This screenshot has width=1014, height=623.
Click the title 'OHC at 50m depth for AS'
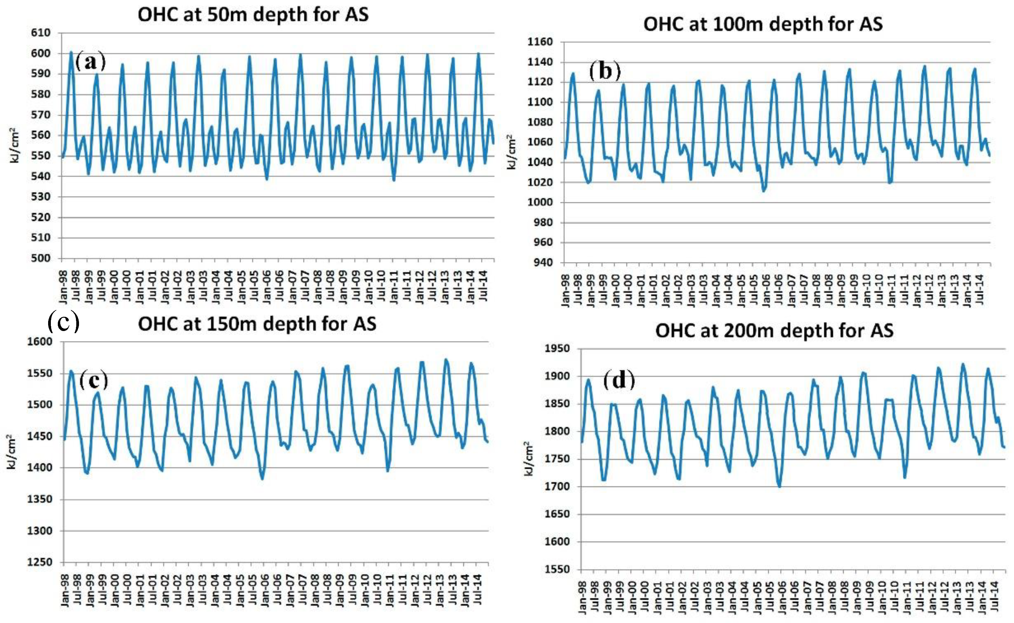point(253,15)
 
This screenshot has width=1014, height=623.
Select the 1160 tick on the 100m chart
point(540,42)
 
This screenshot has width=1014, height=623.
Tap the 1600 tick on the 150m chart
point(40,342)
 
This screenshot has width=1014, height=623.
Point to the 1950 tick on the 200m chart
point(557,349)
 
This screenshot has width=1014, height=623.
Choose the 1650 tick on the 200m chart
point(557,514)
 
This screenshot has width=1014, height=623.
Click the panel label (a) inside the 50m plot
point(90,62)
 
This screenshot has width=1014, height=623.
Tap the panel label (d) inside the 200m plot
point(619,380)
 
